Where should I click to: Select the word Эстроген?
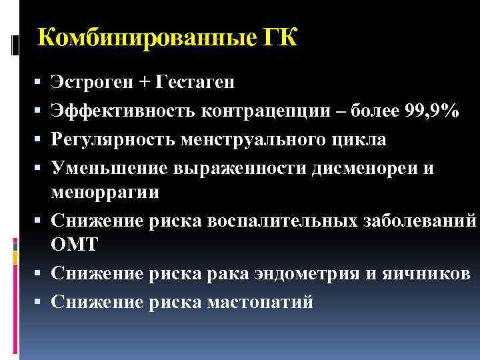[91, 82]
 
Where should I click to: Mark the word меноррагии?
[105, 192]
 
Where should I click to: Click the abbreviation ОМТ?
[74, 244]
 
